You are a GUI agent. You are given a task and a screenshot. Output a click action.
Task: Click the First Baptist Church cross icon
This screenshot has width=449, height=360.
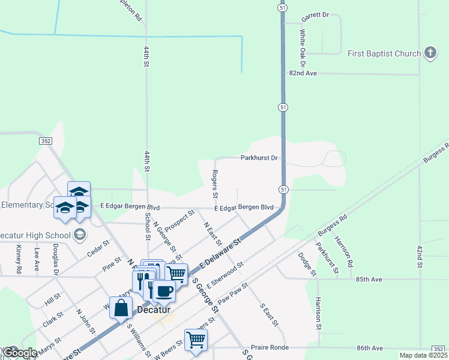(x=430, y=53)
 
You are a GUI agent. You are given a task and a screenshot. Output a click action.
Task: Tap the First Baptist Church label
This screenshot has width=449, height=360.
(x=384, y=54)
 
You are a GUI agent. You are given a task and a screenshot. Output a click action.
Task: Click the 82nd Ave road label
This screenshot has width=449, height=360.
(x=303, y=73)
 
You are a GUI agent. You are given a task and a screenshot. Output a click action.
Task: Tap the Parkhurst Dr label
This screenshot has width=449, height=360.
(x=259, y=158)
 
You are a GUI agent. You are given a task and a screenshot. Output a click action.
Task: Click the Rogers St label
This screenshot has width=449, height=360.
(x=214, y=184)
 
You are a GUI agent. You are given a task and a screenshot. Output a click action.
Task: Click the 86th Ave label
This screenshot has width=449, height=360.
(x=370, y=348)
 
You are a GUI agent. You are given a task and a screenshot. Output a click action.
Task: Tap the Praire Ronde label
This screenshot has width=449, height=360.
(x=270, y=348)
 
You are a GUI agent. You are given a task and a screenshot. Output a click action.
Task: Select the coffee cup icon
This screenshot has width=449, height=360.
(x=163, y=291)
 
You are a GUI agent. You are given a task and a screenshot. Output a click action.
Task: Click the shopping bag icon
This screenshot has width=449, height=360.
(x=121, y=308)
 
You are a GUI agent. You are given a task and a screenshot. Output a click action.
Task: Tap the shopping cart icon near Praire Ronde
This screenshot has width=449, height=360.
(x=196, y=340)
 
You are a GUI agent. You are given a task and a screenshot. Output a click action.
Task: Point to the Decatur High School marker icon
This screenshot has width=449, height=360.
(x=79, y=234)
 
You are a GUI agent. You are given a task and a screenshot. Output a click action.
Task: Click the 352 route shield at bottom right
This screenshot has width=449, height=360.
(x=439, y=349)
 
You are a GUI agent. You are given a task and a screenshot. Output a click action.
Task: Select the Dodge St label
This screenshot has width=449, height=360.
(x=306, y=264)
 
